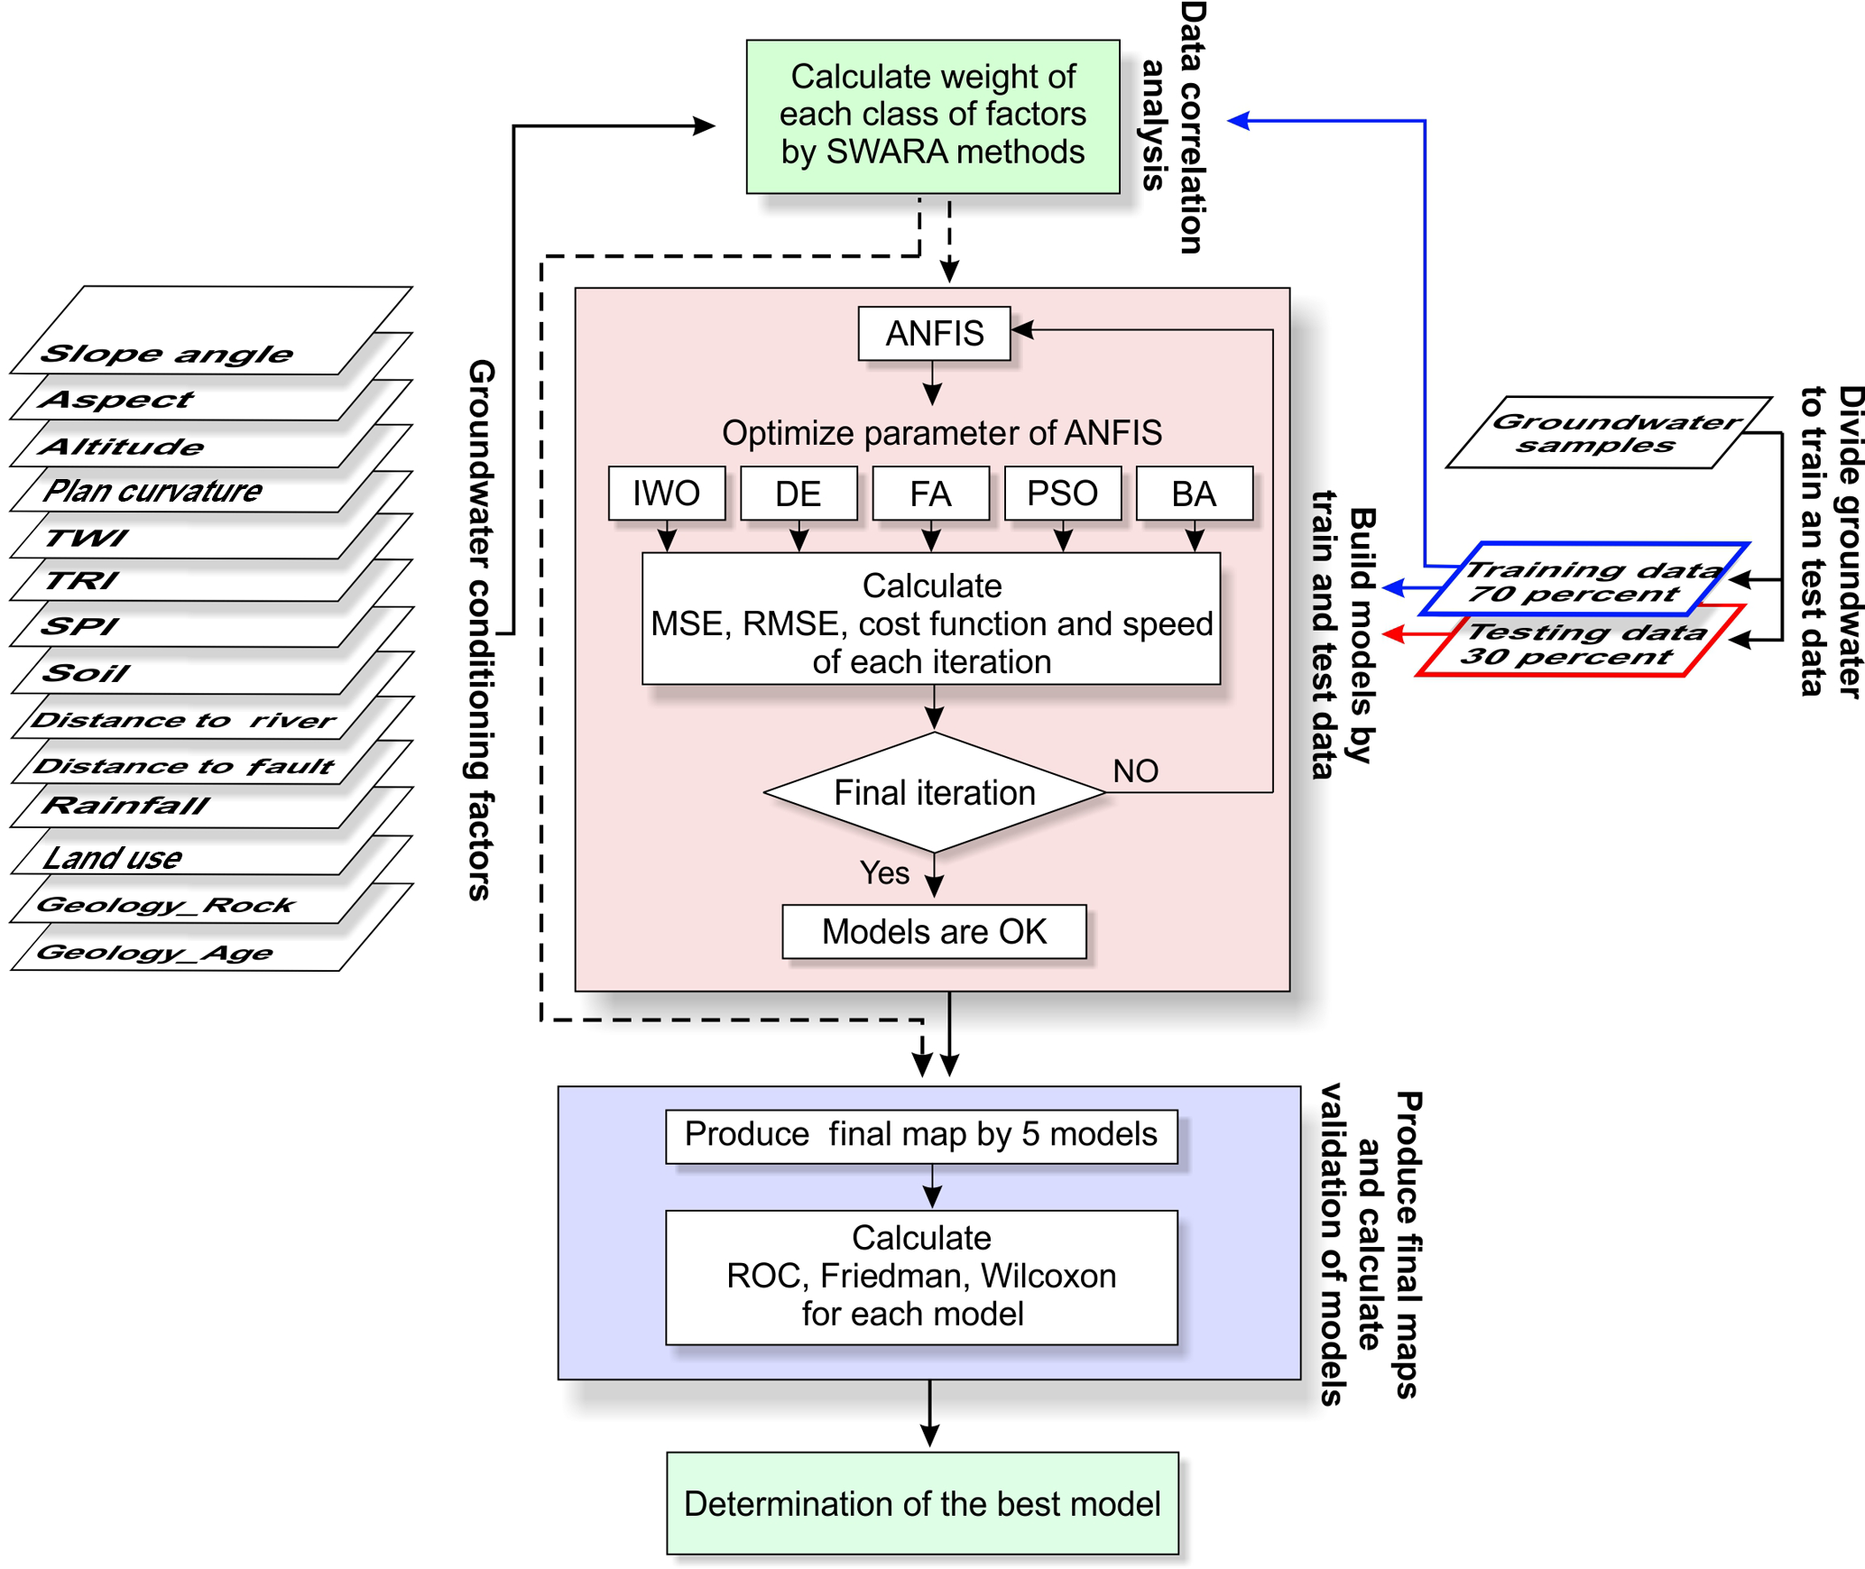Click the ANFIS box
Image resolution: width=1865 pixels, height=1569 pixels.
(934, 334)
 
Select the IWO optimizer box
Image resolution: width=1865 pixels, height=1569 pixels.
(666, 494)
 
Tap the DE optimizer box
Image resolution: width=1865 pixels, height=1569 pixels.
(799, 494)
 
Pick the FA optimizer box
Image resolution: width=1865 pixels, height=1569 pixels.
(930, 494)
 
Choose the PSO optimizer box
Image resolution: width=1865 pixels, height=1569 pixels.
(1062, 494)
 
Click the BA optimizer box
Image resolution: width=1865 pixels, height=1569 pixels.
(1194, 494)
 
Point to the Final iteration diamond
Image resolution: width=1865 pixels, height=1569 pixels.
(934, 792)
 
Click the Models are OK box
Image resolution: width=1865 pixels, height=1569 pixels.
(934, 931)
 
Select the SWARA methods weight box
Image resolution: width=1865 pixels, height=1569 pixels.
(932, 115)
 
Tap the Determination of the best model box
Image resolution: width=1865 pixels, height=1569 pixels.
(922, 1503)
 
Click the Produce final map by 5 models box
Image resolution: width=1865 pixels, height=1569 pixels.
(921, 1135)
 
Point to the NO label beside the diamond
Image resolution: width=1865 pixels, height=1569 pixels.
(1135, 771)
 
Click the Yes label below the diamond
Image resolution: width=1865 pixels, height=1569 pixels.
(884, 872)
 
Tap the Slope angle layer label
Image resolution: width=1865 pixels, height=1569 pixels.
(167, 354)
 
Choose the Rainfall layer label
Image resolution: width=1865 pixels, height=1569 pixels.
(126, 805)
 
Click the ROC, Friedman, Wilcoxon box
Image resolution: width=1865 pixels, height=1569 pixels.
(921, 1277)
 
